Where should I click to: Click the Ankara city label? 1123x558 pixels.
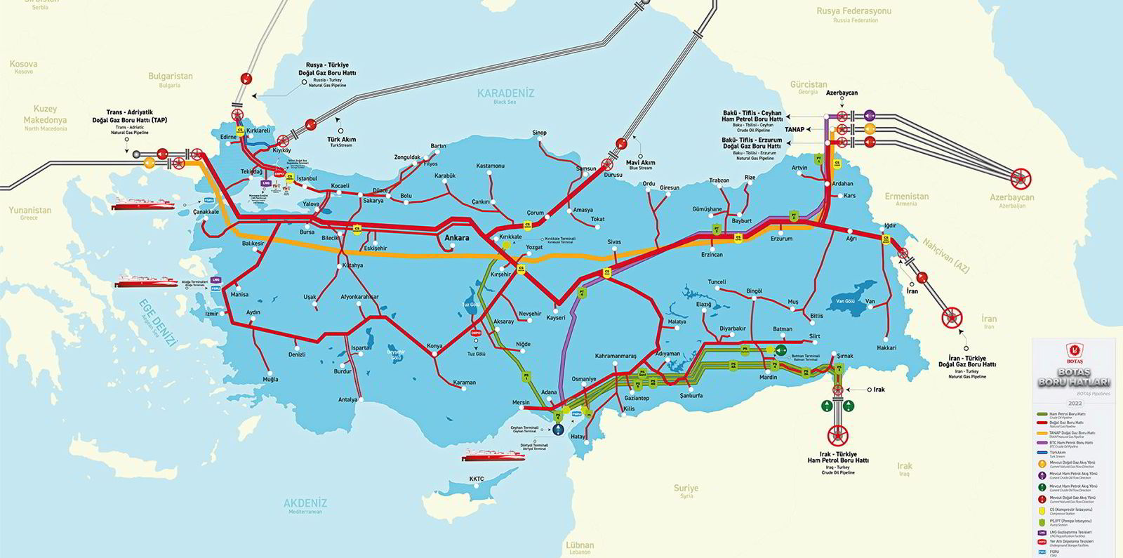tap(457, 238)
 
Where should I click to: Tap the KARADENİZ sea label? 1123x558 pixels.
tap(505, 93)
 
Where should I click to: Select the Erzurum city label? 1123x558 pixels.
tap(781, 239)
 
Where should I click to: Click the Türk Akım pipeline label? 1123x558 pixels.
tap(343, 140)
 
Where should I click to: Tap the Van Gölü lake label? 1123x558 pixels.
tap(845, 301)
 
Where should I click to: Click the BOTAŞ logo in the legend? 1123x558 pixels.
tap(1073, 350)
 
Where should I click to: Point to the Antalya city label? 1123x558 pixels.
tap(347, 399)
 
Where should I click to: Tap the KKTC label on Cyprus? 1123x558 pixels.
tap(477, 479)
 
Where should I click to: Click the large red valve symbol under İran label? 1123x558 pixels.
tap(952, 317)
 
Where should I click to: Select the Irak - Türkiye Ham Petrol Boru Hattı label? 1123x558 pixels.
tap(838, 458)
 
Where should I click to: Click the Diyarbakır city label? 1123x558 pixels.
tap(732, 328)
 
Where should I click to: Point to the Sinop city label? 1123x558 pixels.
tap(539, 133)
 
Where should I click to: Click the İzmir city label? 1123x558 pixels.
tap(211, 313)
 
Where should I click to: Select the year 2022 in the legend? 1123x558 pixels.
tap(1075, 404)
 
